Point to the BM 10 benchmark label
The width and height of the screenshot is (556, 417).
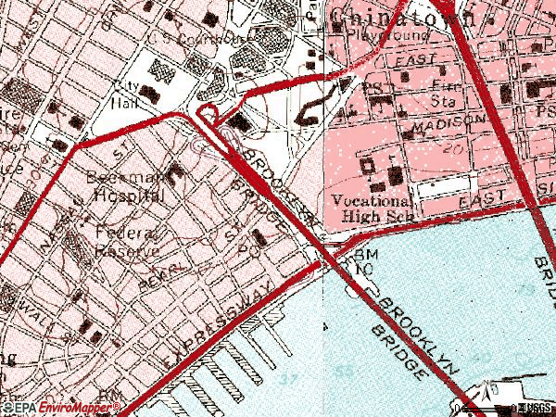pyautogui.click(x=360, y=260)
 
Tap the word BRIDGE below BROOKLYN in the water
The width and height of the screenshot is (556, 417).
pyautogui.click(x=398, y=353)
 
